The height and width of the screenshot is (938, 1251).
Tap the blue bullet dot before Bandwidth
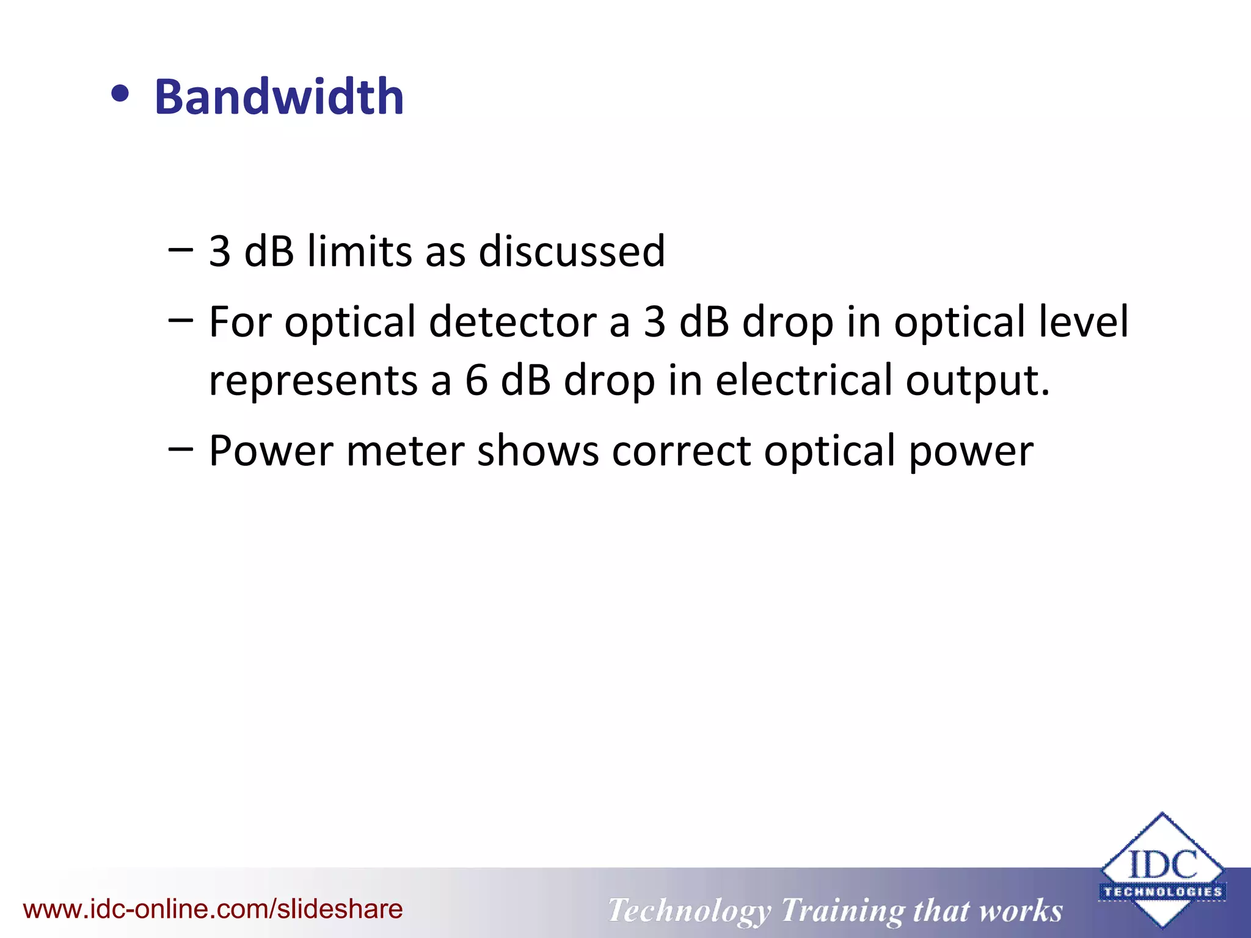click(120, 95)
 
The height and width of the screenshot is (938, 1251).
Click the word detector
click(512, 322)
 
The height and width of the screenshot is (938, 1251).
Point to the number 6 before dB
click(476, 380)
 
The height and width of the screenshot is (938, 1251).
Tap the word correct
click(681, 451)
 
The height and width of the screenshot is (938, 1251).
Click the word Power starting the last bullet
click(271, 451)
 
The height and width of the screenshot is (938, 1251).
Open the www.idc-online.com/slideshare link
click(213, 909)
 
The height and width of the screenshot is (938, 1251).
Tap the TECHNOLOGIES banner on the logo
click(1162, 892)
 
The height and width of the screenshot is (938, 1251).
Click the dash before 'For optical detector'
click(180, 319)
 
